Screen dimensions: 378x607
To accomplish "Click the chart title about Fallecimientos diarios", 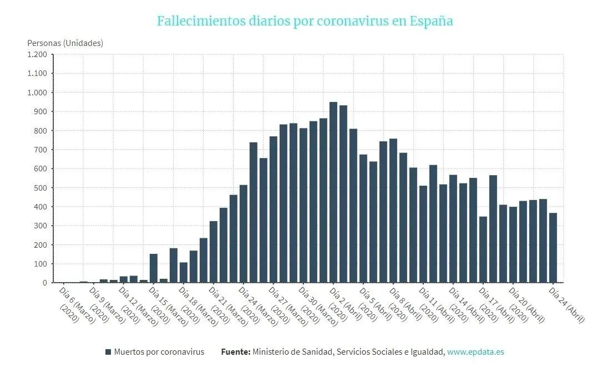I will [x=305, y=21].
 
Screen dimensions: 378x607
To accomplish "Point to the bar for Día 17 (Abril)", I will [x=483, y=249].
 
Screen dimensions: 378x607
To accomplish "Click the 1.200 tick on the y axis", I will [x=37, y=54].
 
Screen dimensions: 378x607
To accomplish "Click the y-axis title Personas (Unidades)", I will [x=65, y=43].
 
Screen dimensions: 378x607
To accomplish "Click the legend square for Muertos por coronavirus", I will [x=108, y=352].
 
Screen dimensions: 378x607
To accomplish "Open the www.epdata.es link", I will [x=476, y=352].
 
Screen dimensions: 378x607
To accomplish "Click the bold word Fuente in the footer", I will [x=236, y=352].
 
